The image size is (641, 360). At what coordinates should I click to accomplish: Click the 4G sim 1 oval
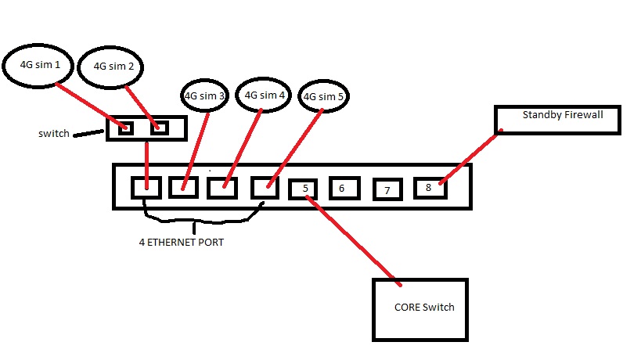40,64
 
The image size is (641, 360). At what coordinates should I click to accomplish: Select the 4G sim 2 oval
113,67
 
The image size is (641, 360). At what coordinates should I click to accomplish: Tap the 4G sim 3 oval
203,95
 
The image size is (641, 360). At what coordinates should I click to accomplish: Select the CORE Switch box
420,308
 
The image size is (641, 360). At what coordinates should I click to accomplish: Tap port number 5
304,189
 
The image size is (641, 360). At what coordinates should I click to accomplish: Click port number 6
342,188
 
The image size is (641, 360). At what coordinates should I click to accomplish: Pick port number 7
387,189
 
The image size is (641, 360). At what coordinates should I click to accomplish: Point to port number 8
429,188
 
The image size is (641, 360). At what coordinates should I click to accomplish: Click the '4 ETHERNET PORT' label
181,243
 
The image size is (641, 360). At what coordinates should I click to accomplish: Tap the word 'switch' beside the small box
54,134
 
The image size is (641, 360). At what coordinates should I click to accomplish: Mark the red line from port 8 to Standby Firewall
470,160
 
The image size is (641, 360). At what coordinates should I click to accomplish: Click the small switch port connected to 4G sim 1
125,128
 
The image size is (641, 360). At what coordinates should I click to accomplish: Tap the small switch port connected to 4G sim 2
159,128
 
